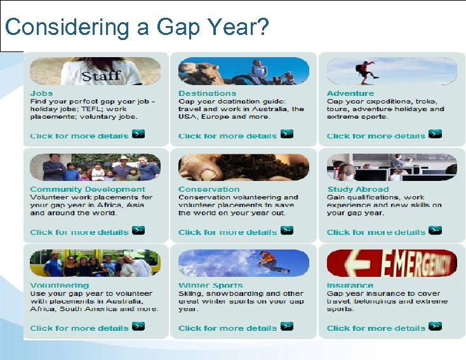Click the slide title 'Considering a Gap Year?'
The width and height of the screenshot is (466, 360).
137,27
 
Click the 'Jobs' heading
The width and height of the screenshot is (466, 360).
41,93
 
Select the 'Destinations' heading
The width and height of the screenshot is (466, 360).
207,93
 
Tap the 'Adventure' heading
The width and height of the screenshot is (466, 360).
350,93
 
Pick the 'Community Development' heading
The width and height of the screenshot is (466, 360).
88,189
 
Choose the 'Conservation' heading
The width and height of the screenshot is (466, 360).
209,189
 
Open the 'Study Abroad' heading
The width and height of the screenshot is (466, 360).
358,189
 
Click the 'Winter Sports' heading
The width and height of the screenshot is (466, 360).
211,286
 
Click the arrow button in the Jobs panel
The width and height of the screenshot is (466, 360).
138,134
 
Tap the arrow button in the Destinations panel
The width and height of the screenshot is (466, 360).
287,134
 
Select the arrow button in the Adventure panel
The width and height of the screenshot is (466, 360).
435,134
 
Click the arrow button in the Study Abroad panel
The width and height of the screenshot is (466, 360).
435,230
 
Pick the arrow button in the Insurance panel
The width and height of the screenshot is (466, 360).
435,326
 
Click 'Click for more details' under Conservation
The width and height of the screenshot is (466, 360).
227,232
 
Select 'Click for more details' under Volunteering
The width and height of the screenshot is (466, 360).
79,328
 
